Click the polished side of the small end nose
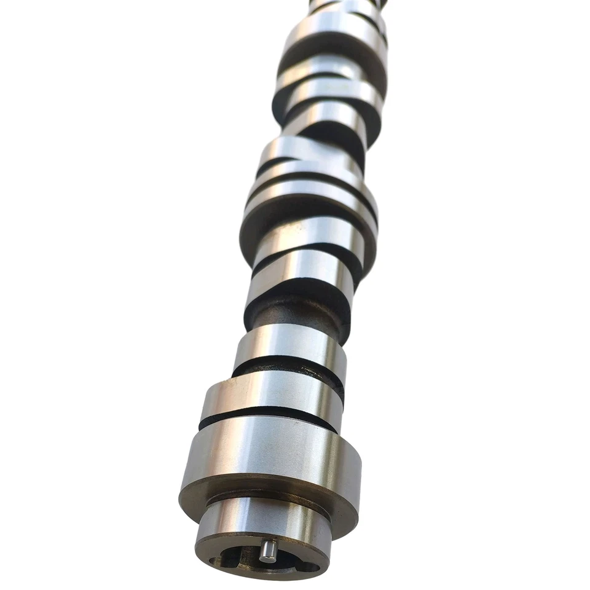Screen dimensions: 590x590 [x=264, y=519]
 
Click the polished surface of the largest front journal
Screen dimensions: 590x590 [x=270, y=455]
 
